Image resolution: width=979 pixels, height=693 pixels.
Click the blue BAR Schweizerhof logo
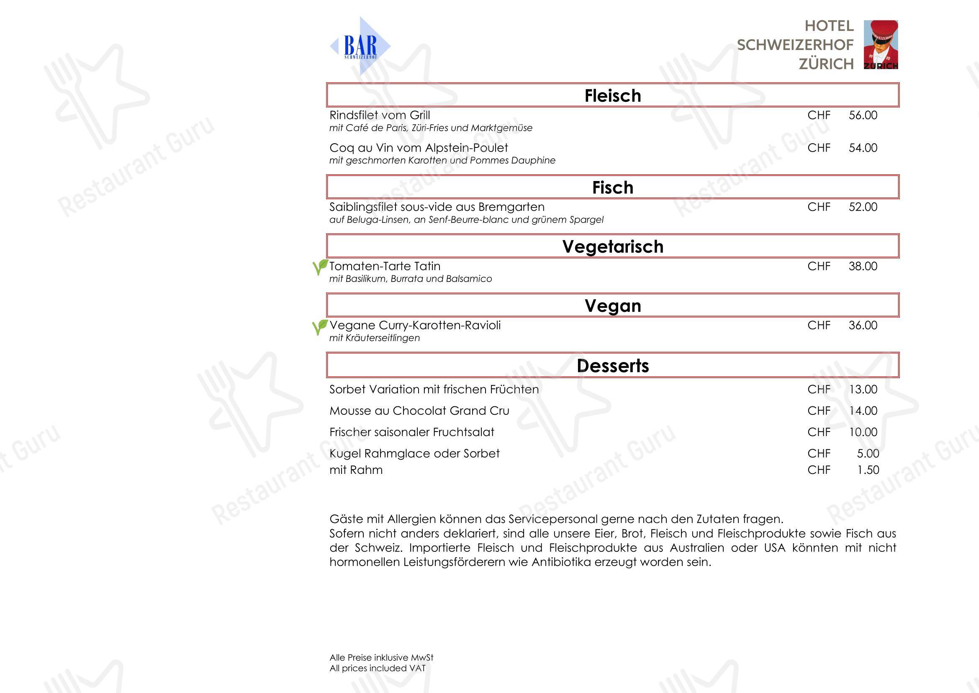coord(360,46)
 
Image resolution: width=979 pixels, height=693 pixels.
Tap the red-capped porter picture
coord(881,44)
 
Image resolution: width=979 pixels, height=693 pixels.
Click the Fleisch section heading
coord(613,96)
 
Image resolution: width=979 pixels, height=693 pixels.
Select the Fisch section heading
coord(613,187)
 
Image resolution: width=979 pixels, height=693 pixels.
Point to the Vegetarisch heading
coord(613,247)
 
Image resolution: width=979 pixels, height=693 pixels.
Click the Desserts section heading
coord(613,366)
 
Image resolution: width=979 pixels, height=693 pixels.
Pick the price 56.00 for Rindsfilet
coord(863,115)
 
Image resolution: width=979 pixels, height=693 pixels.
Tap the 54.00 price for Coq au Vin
coord(863,148)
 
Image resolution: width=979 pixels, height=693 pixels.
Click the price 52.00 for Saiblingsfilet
coord(863,207)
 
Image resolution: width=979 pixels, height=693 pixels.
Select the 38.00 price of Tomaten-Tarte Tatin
coord(863,266)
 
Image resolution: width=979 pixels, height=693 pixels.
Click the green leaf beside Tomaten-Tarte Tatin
coord(320,267)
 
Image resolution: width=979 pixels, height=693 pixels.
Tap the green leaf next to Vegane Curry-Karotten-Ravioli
coord(320,327)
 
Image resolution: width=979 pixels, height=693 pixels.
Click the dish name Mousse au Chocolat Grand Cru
coord(419,411)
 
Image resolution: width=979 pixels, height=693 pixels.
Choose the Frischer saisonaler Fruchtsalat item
coord(411,432)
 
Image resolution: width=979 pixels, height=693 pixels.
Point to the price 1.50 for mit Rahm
coord(868,470)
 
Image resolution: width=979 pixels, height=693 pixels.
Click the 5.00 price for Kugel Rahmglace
coord(868,453)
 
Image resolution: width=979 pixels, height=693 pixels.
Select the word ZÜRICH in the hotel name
coord(826,64)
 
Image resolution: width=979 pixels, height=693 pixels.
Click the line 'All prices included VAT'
coord(378,668)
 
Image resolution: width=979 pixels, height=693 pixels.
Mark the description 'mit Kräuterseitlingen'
coord(374,338)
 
